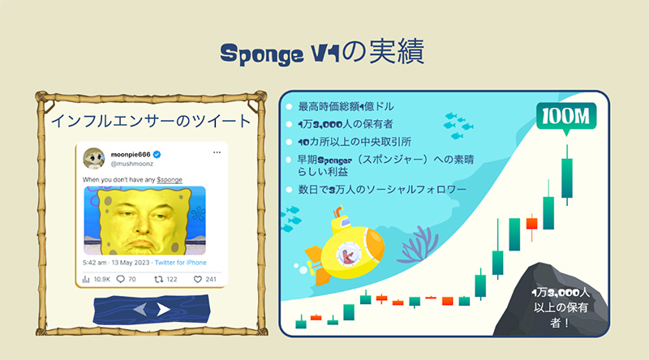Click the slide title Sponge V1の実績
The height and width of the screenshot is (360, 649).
322,52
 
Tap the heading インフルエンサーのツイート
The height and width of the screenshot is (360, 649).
151,122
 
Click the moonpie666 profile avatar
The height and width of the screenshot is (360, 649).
94,158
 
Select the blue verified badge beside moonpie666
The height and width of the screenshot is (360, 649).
157,155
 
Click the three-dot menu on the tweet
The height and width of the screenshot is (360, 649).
217,152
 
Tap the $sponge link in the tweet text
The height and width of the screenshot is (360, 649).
170,179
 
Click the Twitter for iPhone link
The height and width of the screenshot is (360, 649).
180,263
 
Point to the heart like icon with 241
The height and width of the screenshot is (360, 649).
198,279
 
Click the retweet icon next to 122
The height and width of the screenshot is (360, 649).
158,279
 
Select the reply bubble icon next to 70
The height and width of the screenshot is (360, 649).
120,279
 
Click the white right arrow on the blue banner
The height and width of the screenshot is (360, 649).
164,309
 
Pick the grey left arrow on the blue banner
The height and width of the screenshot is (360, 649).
140,309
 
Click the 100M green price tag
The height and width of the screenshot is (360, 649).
565,118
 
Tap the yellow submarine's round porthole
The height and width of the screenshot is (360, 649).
348,254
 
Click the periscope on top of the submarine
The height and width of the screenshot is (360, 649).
338,213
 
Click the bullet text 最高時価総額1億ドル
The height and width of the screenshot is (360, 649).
346,107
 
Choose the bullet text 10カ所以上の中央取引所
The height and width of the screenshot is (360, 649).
355,142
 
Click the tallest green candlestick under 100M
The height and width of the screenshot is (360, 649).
567,175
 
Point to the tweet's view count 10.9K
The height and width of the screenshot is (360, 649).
102,279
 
